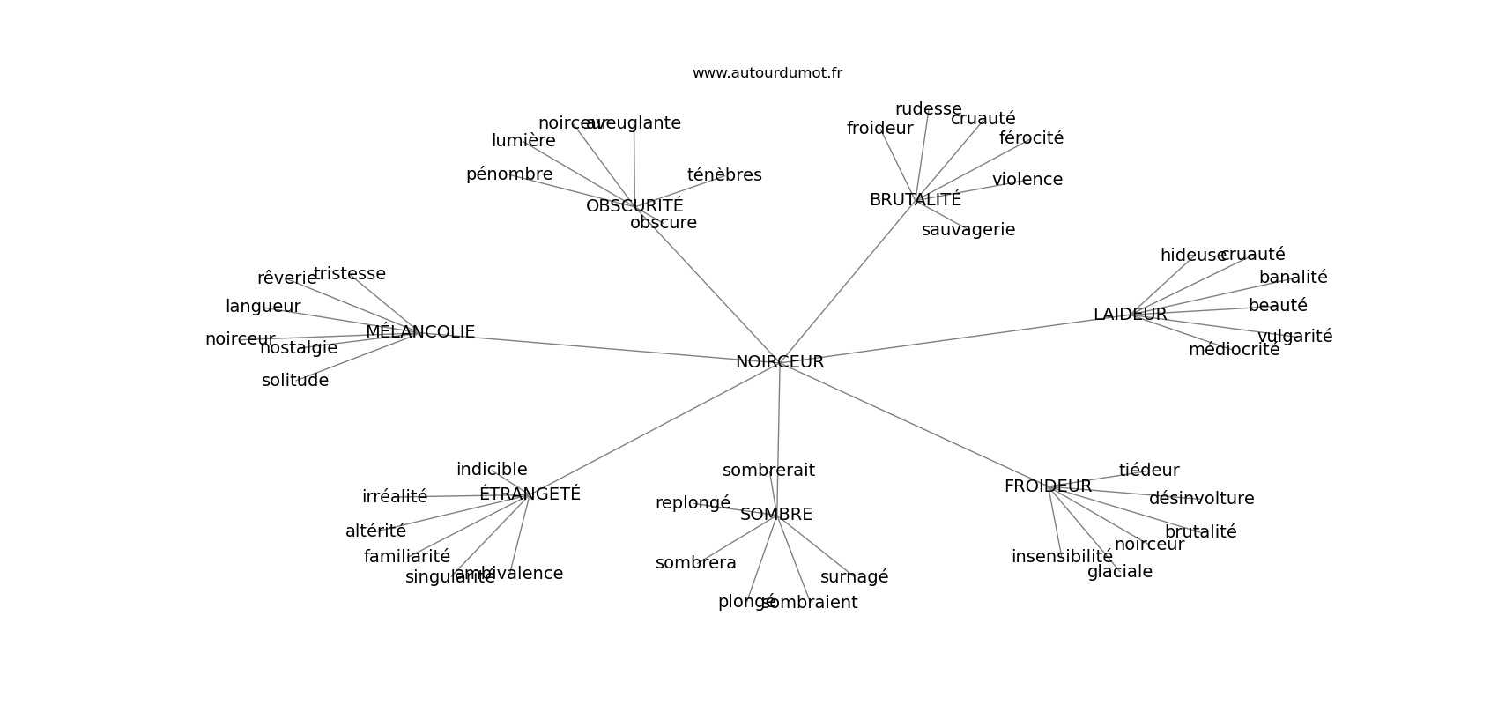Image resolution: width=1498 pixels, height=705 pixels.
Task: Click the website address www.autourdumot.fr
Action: coord(767,73)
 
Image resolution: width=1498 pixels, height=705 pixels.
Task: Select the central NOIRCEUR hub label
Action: coord(780,362)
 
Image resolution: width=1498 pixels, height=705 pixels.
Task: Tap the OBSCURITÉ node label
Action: coord(634,206)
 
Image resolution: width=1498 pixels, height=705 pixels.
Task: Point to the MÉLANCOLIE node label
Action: coord(420,332)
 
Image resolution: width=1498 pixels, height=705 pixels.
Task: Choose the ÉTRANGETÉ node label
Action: coord(530,494)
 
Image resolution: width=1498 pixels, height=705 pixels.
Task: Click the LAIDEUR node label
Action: coord(1130,315)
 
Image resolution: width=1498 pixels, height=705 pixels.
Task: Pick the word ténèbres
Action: coord(724,175)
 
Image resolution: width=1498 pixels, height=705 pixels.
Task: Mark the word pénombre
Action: coord(509,174)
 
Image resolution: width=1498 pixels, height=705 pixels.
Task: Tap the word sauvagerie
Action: coord(968,230)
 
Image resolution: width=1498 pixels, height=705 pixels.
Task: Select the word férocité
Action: coord(1031,138)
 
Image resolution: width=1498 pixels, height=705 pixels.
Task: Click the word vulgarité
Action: coord(1294,337)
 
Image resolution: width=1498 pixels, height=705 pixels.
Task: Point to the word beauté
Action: coord(1278,306)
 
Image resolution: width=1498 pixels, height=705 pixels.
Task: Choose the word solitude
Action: coord(295,381)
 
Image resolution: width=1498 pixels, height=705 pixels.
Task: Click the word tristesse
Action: coord(350,274)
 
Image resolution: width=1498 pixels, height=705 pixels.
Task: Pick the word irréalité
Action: coord(395,497)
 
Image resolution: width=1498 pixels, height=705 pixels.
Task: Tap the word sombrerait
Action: coord(768,471)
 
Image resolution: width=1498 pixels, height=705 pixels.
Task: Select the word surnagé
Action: coord(854,577)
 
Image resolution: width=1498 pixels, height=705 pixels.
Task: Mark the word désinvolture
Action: coord(1201,499)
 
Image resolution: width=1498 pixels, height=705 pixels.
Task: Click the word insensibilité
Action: coord(1062,557)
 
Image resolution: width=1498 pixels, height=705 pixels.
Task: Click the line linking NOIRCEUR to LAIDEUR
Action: coord(952,339)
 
